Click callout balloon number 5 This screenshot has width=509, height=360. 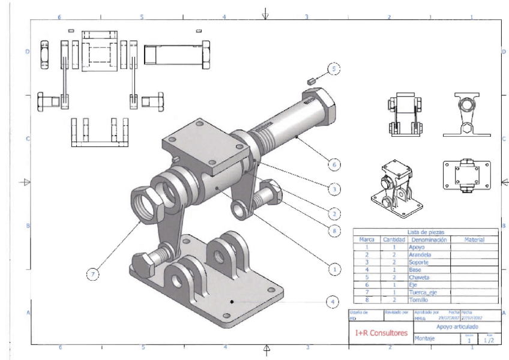(334, 70)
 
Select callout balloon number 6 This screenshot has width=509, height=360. (334, 163)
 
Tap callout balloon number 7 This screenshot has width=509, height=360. (92, 274)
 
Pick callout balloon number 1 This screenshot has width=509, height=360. (334, 269)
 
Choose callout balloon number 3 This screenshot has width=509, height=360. (334, 188)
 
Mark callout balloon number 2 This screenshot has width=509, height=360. (334, 212)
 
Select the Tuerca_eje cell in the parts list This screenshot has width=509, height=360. (427, 292)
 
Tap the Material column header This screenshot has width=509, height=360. (474, 239)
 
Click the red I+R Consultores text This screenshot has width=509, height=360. (381, 332)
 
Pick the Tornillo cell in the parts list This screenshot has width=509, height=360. (420, 299)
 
